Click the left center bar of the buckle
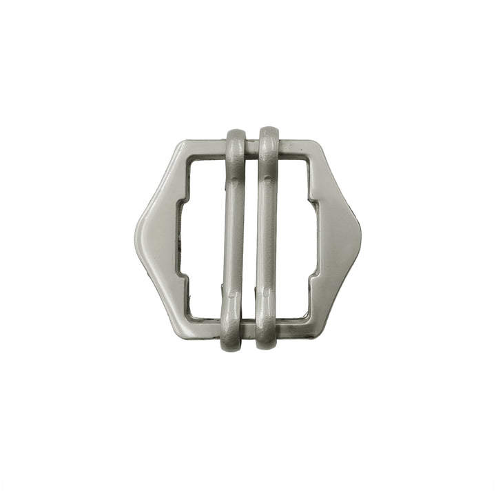[x=235, y=238]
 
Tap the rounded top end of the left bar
[x=236, y=135]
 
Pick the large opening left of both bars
[x=201, y=238]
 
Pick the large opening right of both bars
[x=296, y=238]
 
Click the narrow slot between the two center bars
[x=251, y=238]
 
